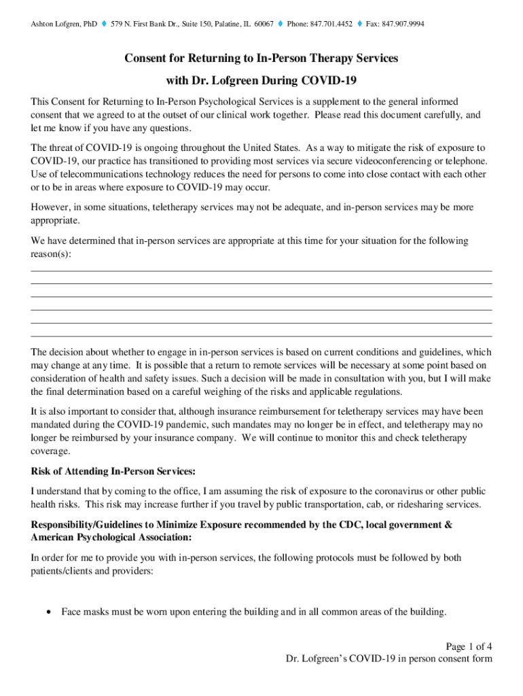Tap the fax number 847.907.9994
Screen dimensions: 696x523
tap(401, 24)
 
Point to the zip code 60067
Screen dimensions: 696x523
tap(264, 24)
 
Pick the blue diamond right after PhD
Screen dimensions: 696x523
tap(103, 24)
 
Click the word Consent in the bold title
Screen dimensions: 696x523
tap(146, 58)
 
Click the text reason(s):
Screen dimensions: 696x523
tap(51, 254)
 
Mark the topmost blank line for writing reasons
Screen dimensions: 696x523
tap(261, 271)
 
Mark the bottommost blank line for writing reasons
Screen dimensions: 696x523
tap(261, 336)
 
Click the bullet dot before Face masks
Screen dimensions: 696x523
tap(48, 612)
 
